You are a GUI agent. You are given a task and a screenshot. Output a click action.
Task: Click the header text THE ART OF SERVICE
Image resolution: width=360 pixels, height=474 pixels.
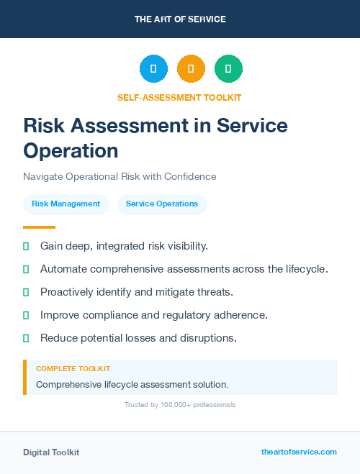point(180,19)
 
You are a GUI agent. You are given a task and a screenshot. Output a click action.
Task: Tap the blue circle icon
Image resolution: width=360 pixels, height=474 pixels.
point(153,69)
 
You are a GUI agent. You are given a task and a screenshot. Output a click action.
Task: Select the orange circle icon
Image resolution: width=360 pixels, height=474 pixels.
point(191,69)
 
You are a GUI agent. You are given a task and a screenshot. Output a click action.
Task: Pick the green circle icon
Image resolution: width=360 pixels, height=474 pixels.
point(228,69)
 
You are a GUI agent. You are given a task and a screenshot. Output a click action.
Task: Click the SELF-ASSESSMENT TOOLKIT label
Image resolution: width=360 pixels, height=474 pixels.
point(180,97)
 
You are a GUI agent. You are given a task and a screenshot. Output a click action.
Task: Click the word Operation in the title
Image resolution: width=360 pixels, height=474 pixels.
point(71,150)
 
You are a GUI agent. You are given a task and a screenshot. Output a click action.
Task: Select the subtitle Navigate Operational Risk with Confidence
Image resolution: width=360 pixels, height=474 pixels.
point(120,176)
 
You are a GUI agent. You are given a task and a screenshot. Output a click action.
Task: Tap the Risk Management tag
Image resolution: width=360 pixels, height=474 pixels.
point(66,204)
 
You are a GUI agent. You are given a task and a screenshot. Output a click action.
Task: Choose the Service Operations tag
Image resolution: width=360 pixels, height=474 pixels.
point(162,204)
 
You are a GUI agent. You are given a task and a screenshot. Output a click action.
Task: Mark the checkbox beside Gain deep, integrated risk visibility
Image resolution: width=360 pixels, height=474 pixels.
point(26,246)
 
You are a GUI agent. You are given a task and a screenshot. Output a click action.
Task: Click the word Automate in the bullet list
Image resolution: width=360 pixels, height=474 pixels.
point(63,269)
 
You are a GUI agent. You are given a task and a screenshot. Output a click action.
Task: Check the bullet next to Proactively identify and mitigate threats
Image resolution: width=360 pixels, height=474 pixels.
point(26,292)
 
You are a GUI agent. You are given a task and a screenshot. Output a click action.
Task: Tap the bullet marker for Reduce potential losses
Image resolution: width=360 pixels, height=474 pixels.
point(26,338)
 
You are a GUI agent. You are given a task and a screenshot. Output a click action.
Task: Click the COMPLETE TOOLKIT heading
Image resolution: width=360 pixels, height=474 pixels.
point(73,368)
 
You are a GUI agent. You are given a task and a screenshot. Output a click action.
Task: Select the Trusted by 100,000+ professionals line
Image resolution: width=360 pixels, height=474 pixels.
point(180,405)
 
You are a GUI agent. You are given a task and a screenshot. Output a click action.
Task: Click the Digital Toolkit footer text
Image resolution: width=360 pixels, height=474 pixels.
point(51,452)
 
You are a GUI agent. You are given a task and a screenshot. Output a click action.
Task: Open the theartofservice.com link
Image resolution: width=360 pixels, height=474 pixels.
point(299,452)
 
